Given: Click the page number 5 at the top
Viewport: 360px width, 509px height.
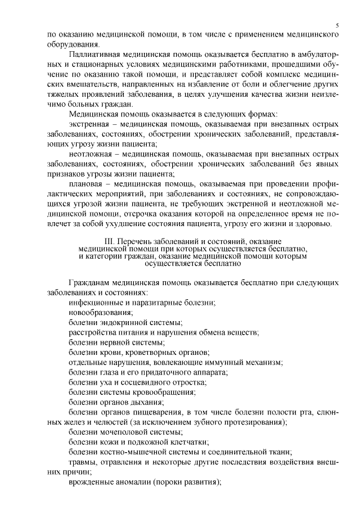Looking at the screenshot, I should (x=336, y=25).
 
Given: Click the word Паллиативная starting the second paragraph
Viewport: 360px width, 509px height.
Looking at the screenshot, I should (x=94, y=54).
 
